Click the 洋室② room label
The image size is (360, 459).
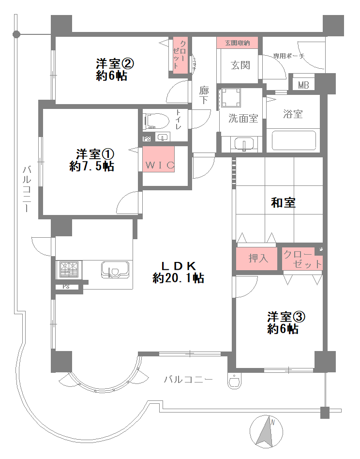tap(115, 63)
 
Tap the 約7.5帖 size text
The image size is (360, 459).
tap(91, 166)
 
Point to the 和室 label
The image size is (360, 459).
tap(283, 202)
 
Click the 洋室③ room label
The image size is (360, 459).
tap(286, 317)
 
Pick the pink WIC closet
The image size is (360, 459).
tap(159, 159)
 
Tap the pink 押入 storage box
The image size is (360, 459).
tap(256, 259)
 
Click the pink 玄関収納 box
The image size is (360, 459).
tap(237, 43)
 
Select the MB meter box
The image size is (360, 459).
tap(303, 85)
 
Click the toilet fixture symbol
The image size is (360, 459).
tap(156, 121)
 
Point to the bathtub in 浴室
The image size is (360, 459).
tap(294, 140)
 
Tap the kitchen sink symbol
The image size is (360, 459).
tap(115, 270)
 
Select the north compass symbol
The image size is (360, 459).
tap(266, 431)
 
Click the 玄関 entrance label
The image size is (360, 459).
tap(240, 65)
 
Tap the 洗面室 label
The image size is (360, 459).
tap(243, 118)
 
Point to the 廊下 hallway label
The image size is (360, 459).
tap(204, 95)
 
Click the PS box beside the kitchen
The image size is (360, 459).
tap(66, 287)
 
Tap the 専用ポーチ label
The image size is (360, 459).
tap(289, 56)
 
